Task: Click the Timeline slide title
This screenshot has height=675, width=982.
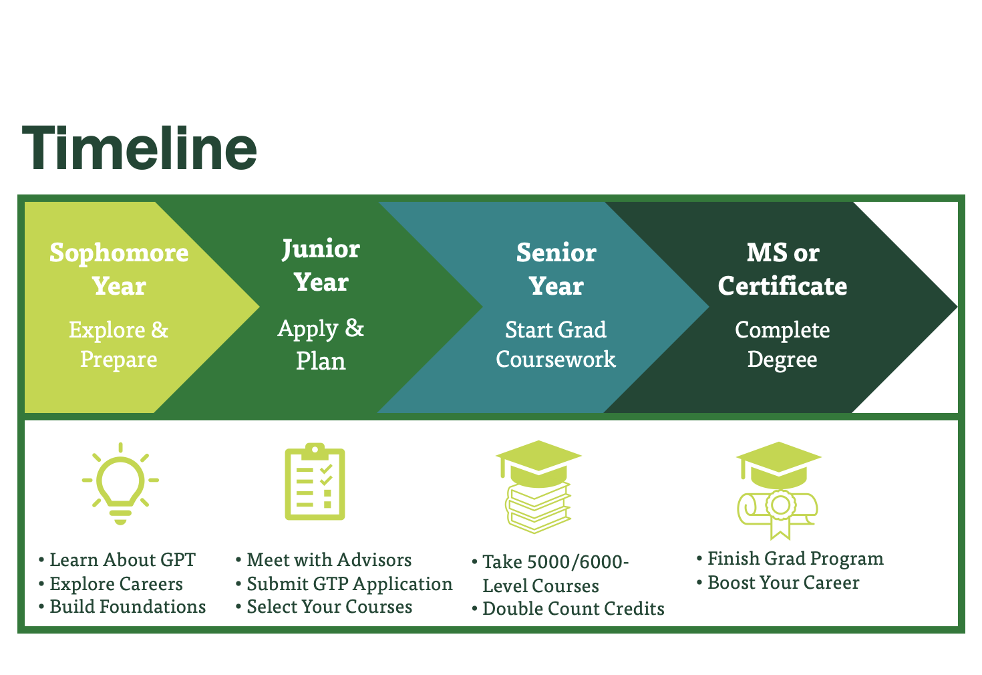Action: [x=140, y=148]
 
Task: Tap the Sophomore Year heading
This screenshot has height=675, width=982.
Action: [x=119, y=269]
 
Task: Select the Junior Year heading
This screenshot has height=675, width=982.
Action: [x=321, y=265]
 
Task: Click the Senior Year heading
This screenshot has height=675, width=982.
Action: [x=556, y=269]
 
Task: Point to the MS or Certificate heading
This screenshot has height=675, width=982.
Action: [x=782, y=269]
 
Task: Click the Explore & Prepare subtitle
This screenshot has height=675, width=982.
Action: [x=119, y=344]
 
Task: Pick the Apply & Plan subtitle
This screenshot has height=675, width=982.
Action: [x=321, y=344]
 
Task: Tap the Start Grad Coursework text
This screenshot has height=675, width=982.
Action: [x=556, y=344]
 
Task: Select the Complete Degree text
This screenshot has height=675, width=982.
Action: [x=782, y=344]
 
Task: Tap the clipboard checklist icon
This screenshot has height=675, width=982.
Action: [x=315, y=481]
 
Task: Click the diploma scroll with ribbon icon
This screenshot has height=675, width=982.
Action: [x=778, y=489]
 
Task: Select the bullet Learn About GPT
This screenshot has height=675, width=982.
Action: [x=122, y=560]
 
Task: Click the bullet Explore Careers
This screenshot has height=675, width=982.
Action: [x=116, y=584]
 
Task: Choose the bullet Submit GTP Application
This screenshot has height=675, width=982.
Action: [x=349, y=584]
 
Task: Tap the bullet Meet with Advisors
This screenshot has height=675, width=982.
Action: [x=329, y=560]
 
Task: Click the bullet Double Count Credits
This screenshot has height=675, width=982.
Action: [x=573, y=609]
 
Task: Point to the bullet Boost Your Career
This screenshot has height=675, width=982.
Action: [x=783, y=583]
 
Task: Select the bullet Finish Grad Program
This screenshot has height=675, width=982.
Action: [x=795, y=559]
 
